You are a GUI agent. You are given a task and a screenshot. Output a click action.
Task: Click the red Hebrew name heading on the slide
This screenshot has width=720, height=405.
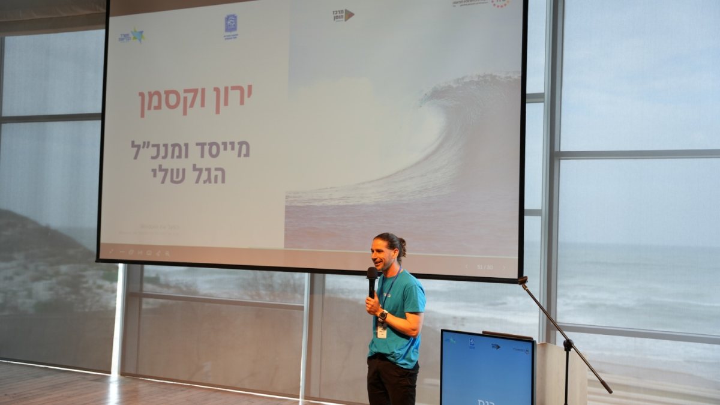(196, 100)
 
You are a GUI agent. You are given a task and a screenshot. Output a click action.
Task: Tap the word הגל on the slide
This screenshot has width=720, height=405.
(208, 175)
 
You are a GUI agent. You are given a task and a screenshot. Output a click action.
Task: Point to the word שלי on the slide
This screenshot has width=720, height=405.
(167, 175)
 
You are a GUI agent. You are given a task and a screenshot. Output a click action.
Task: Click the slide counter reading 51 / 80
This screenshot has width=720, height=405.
(484, 267)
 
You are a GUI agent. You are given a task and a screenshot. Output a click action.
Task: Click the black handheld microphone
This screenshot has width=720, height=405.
(372, 280)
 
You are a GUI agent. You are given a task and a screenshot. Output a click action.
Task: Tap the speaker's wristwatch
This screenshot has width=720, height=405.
(383, 315)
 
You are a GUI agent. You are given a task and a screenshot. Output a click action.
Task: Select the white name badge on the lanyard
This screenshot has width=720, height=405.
(382, 331)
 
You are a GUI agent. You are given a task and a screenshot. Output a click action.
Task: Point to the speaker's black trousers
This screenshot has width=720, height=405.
(392, 380)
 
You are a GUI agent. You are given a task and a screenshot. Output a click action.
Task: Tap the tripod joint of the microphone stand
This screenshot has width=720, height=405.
(567, 344)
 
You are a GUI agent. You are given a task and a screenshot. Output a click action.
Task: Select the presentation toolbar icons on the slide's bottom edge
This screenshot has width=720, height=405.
(138, 253)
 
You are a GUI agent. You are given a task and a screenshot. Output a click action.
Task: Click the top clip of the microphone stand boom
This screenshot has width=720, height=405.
(523, 280)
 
